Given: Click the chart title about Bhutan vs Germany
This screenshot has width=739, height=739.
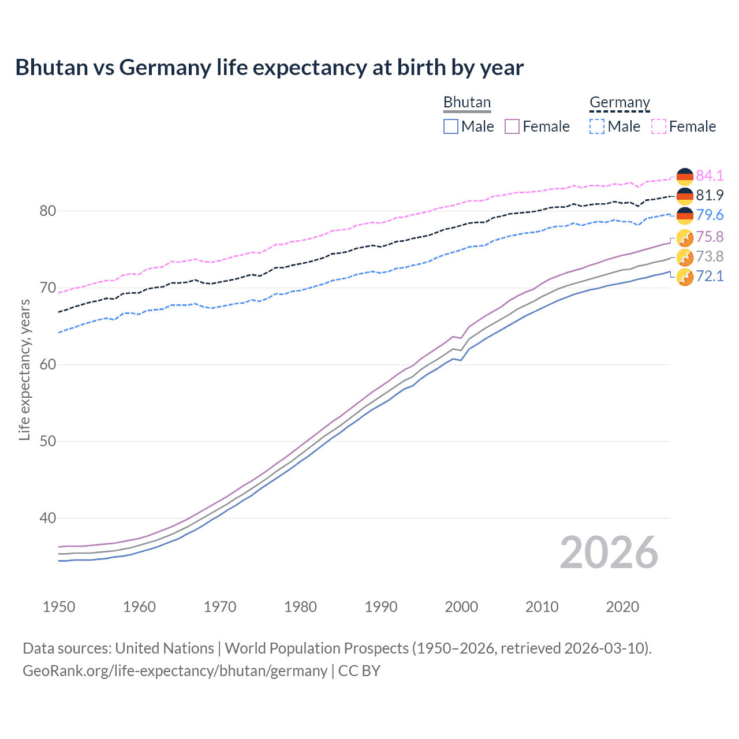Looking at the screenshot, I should [269, 68].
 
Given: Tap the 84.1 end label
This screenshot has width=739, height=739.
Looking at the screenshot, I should [710, 176].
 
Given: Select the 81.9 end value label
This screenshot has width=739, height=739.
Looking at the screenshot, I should [710, 195].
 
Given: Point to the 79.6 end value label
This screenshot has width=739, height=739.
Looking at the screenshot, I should [710, 215].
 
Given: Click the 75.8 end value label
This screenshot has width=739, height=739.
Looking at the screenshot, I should [710, 237].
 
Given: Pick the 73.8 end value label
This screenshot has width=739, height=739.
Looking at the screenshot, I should [710, 256].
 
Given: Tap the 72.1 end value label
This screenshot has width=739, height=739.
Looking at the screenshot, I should [710, 276].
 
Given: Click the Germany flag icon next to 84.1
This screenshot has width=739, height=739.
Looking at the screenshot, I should [685, 176].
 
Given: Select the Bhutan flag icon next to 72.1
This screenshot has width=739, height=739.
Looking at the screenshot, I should [685, 277].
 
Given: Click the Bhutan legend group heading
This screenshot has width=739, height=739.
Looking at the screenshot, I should [466, 102].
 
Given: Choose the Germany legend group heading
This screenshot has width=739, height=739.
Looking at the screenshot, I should [619, 102].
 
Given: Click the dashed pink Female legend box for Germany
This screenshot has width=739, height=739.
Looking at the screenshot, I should [659, 126].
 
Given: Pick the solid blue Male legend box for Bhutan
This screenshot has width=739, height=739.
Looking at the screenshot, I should [451, 126].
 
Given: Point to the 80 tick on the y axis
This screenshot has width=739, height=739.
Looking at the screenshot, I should [48, 211].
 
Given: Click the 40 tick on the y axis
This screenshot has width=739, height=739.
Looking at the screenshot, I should [48, 518].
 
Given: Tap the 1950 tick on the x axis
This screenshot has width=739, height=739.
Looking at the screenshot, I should [59, 607].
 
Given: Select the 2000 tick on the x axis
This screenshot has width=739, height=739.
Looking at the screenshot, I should [461, 607].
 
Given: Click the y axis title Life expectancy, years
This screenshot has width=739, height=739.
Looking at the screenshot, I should [24, 369].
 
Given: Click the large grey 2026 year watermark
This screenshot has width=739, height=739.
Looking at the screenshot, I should [609, 553].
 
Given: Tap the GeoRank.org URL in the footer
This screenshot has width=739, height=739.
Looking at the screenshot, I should [174, 671].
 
